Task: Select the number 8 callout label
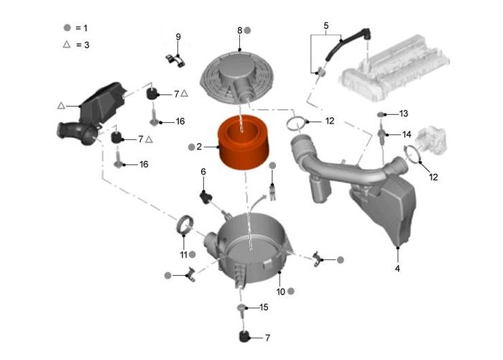tap(240, 30)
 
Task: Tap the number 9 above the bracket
tap(178, 37)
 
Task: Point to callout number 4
tap(397, 268)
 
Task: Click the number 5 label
tap(326, 26)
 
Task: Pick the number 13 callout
tap(403, 114)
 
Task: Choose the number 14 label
tap(406, 134)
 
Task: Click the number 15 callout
tap(263, 308)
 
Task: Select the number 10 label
tap(281, 291)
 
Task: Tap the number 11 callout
tap(183, 254)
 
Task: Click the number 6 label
tap(203, 172)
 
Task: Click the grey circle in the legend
tap(67, 27)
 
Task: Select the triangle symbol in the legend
tap(66, 45)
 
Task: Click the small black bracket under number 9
tap(175, 61)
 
